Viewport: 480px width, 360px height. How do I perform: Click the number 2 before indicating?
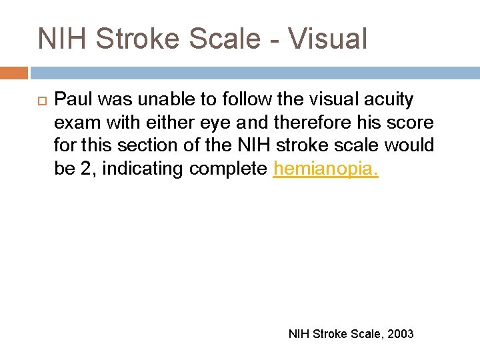click(86, 169)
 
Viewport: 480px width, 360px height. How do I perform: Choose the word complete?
click(227, 169)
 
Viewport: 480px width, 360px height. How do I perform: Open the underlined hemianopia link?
click(325, 169)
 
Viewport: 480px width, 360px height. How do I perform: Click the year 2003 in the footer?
click(399, 333)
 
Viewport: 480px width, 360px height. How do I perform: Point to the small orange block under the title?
click(14, 73)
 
